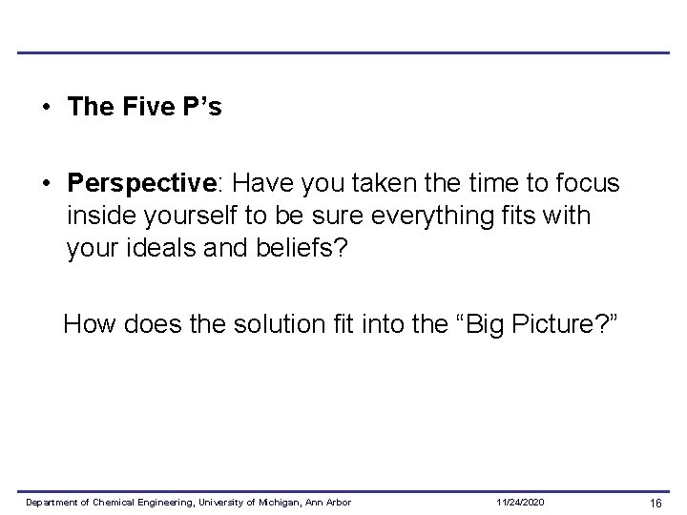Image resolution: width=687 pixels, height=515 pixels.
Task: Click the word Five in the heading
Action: [145, 107]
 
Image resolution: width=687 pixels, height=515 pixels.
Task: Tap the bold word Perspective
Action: [131, 183]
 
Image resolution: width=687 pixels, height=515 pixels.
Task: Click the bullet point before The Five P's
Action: [46, 108]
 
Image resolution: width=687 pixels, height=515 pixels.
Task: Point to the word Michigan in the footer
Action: [277, 502]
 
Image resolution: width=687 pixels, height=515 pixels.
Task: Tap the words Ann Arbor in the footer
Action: [328, 502]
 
